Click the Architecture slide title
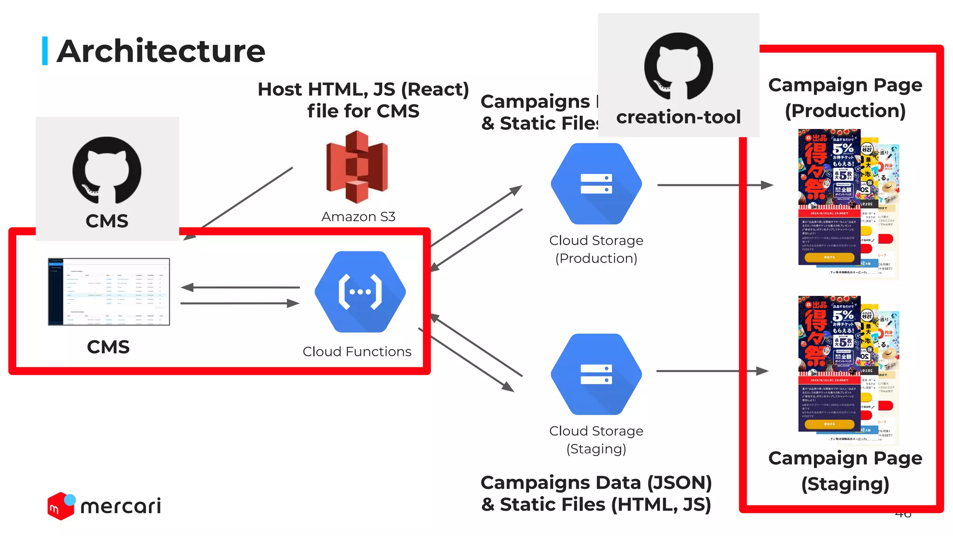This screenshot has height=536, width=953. pyautogui.click(x=161, y=51)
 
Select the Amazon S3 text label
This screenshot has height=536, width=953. pyautogui.click(x=358, y=217)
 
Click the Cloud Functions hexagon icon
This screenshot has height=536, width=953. pyautogui.click(x=360, y=292)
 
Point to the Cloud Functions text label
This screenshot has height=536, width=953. pyautogui.click(x=357, y=352)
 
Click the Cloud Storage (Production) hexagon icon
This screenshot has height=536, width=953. pyautogui.click(x=596, y=184)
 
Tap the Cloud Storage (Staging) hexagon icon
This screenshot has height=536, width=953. pyautogui.click(x=596, y=374)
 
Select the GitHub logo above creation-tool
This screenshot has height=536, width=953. pyautogui.click(x=678, y=66)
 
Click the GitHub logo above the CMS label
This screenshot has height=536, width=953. pyautogui.click(x=107, y=170)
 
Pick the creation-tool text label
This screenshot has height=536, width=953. pyautogui.click(x=678, y=117)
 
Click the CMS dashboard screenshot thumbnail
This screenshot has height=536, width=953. pyautogui.click(x=109, y=292)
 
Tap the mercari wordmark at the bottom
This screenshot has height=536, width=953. pyautogui.click(x=121, y=506)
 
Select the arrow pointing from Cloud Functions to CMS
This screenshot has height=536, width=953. pyautogui.click(x=240, y=288)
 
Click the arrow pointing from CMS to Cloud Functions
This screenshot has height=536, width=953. pyautogui.click(x=240, y=303)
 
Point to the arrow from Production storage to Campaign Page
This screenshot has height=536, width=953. pyautogui.click(x=715, y=185)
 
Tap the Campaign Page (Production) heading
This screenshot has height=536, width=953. pyautogui.click(x=845, y=98)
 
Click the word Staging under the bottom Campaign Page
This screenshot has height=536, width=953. pyautogui.click(x=845, y=484)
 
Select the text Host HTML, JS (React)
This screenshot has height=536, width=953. pyautogui.click(x=363, y=89)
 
